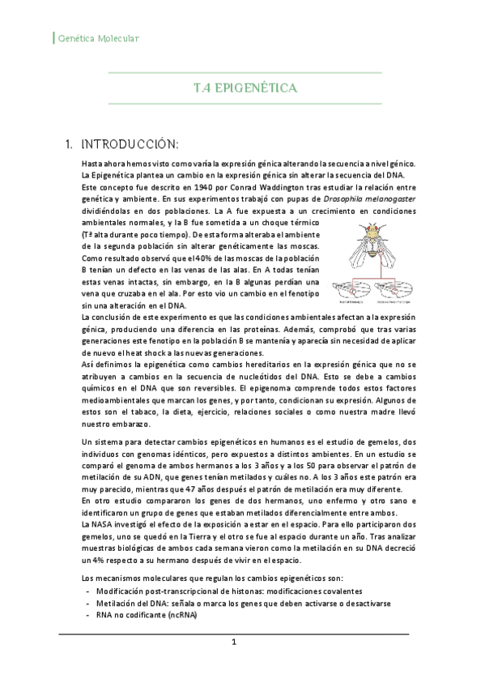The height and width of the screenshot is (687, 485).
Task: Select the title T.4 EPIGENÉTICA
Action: [x=245, y=87]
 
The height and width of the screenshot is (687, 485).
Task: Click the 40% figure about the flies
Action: [x=206, y=258]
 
